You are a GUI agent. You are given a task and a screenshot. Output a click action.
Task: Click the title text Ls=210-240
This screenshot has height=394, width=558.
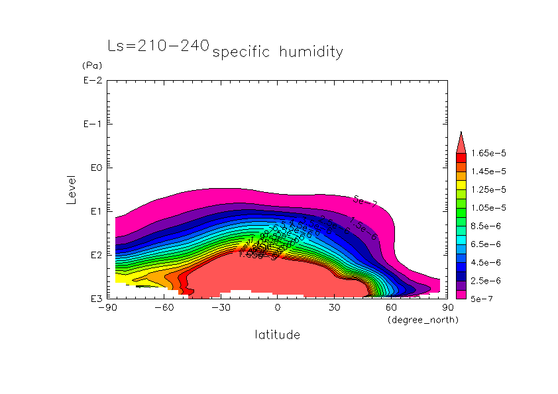tap(158, 46)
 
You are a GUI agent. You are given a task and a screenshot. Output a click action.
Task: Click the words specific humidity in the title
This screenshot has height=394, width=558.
tap(278, 52)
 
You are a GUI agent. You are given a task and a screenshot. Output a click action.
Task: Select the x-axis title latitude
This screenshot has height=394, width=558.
tap(277, 335)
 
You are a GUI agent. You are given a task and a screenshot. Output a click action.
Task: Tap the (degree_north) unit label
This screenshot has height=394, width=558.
tap(422, 320)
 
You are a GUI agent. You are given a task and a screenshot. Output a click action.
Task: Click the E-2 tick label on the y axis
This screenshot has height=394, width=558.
tap(92, 81)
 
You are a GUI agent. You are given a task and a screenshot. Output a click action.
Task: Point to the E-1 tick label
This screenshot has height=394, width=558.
tap(92, 124)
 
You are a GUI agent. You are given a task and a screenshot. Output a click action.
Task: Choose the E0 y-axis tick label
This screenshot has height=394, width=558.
tap(94, 168)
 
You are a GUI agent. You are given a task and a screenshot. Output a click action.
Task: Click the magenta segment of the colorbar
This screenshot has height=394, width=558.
tap(461, 295)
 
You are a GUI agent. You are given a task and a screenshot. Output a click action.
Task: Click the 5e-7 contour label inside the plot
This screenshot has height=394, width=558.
tap(365, 201)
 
